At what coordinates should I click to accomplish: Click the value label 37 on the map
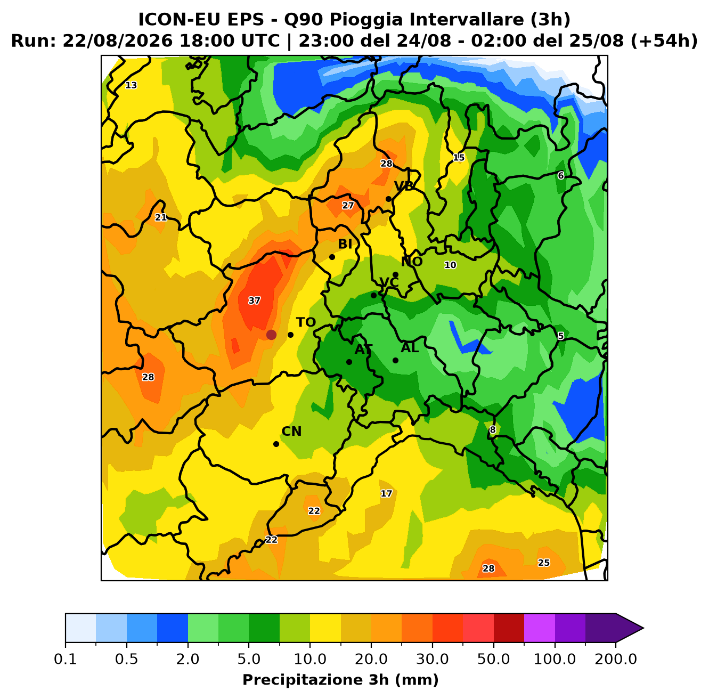click(x=254, y=300)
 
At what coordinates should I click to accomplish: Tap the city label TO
click(x=306, y=322)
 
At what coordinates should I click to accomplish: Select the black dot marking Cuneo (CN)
click(x=276, y=444)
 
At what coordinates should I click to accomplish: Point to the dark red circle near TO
click(x=271, y=335)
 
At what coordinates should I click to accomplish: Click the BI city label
click(x=345, y=244)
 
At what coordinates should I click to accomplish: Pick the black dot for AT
click(x=349, y=362)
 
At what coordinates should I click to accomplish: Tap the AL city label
click(x=410, y=347)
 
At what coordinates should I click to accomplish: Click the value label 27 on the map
click(x=348, y=206)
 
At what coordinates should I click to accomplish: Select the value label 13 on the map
click(x=131, y=85)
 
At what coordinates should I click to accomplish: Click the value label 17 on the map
click(x=386, y=493)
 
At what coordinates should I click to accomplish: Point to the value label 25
click(x=544, y=563)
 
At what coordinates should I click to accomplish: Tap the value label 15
click(x=459, y=158)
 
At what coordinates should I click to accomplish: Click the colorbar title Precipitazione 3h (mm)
click(x=341, y=679)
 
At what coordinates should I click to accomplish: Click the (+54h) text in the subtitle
click(x=664, y=41)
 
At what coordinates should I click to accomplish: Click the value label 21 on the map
click(x=161, y=217)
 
